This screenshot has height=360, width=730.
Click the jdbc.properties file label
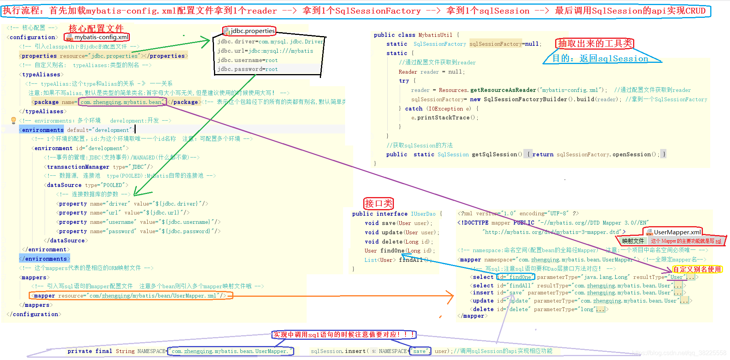point(252,31)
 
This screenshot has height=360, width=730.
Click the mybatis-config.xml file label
point(101,37)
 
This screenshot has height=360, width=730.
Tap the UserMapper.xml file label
point(677,232)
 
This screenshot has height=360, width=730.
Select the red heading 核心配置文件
point(96,28)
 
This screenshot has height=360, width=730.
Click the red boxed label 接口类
point(378,203)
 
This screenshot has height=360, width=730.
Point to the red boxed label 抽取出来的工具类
point(595,43)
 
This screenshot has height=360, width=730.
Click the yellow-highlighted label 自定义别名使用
point(697,269)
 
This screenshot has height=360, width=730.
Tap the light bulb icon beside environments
point(14,121)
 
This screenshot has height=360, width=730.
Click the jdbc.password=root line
point(247,69)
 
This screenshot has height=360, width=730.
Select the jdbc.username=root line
point(247,60)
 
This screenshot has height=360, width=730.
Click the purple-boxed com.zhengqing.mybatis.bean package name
point(122,102)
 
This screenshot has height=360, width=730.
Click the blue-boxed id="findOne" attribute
point(516,277)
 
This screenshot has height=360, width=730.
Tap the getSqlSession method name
point(494,154)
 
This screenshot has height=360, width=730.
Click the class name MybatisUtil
point(435,35)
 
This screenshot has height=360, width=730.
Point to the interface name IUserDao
point(423,214)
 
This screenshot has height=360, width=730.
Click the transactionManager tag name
point(78,167)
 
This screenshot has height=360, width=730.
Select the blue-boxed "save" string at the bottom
point(420,351)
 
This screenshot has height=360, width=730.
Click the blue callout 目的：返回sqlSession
point(600,59)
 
